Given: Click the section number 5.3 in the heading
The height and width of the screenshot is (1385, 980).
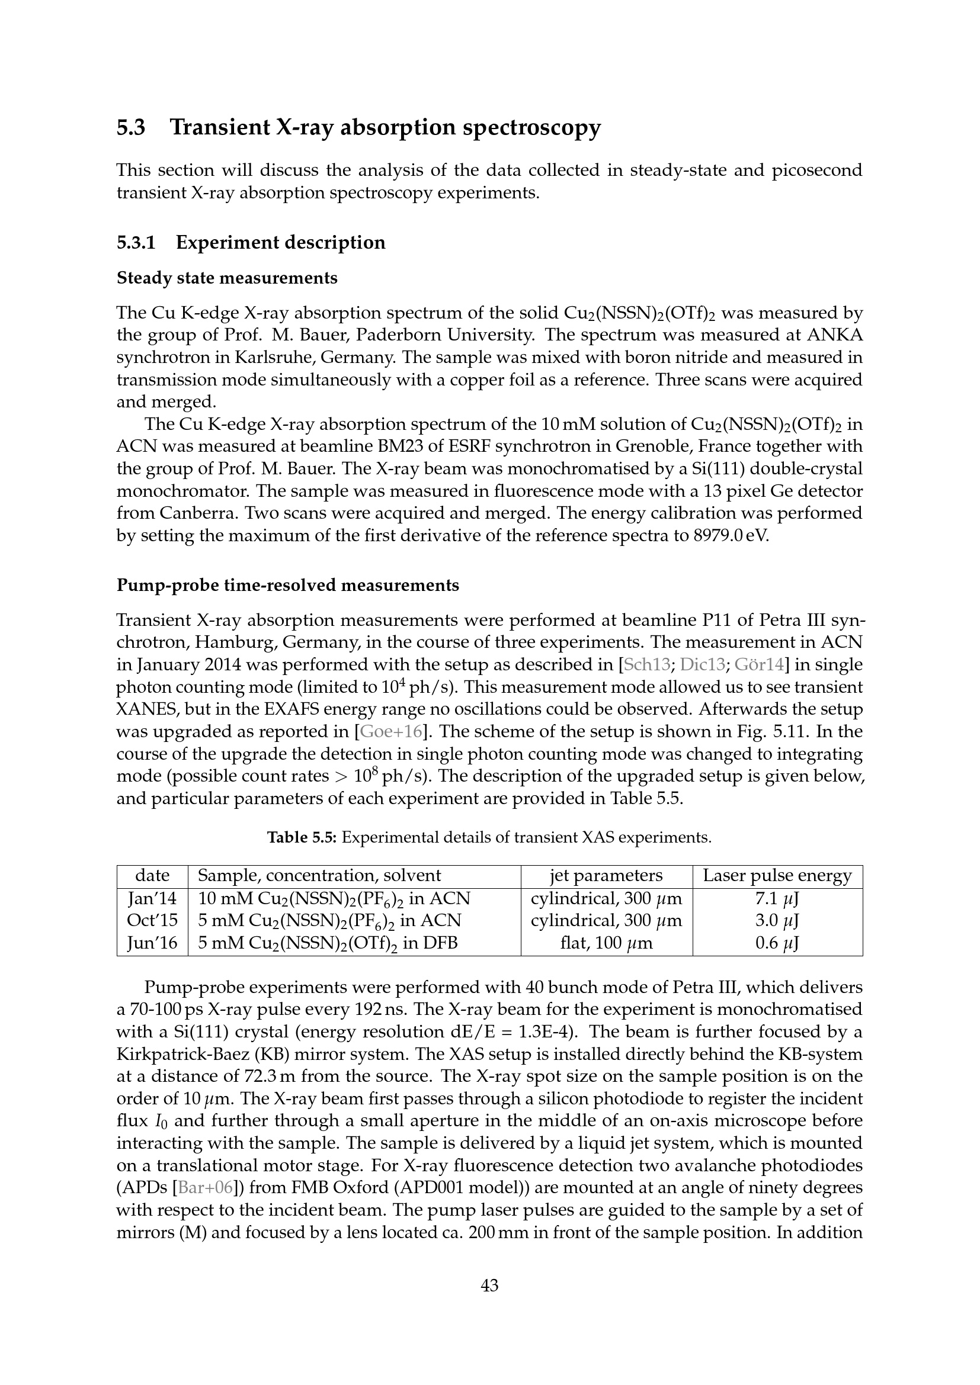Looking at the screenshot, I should coord(131,128).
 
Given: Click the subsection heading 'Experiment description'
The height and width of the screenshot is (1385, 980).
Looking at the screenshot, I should coord(281,243).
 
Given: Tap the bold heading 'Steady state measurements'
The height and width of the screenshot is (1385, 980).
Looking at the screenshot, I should coord(227,278).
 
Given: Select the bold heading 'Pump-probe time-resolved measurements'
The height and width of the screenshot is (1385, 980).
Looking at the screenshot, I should coord(288,585).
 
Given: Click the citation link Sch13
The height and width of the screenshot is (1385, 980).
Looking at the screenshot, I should coord(646,665).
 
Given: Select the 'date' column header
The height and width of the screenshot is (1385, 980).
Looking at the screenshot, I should coord(152,876).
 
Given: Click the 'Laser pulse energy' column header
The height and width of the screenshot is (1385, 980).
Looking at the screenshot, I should coord(777,876).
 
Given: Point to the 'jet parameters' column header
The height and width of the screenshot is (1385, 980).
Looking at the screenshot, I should coord(606,876).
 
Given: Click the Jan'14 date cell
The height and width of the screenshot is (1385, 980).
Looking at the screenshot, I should coord(152,899).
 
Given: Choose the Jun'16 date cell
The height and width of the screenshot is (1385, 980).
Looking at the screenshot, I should coord(152,943).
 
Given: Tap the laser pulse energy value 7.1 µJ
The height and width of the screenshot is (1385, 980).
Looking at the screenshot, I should coord(777,899).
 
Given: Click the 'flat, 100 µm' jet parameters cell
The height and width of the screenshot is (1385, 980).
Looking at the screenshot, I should coord(606,943).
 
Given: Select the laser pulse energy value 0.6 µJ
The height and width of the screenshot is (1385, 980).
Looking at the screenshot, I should coord(777,943).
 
